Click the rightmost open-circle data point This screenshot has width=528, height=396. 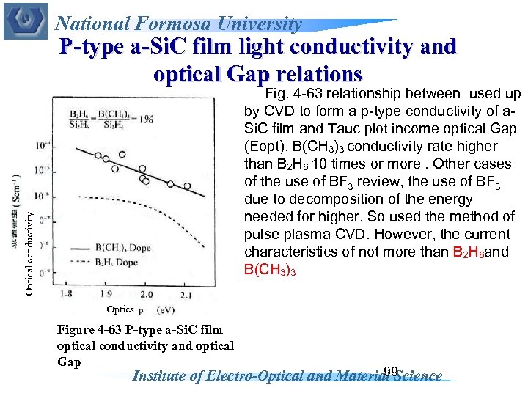click(x=187, y=187)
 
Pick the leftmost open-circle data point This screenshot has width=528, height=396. click(x=98, y=155)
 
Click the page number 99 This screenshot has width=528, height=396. click(x=390, y=372)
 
